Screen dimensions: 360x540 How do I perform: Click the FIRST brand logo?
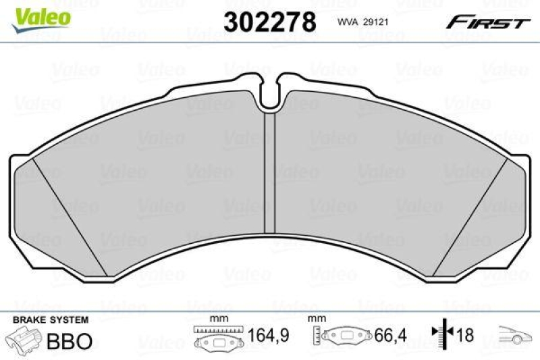coord(487,22)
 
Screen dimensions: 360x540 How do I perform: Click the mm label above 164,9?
coord(218,319)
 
